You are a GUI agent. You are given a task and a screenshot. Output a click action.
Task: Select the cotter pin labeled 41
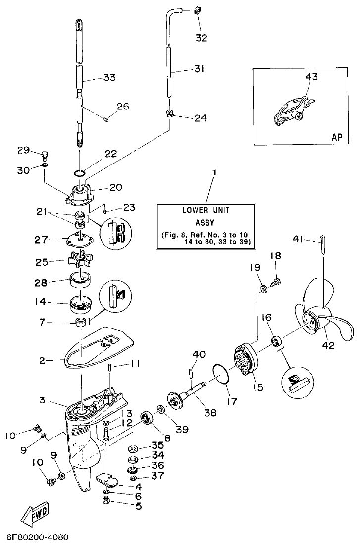[x=322, y=246]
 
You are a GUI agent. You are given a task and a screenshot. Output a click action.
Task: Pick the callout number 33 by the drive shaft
[x=109, y=77]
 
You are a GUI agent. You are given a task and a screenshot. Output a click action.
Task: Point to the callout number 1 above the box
[x=214, y=173]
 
